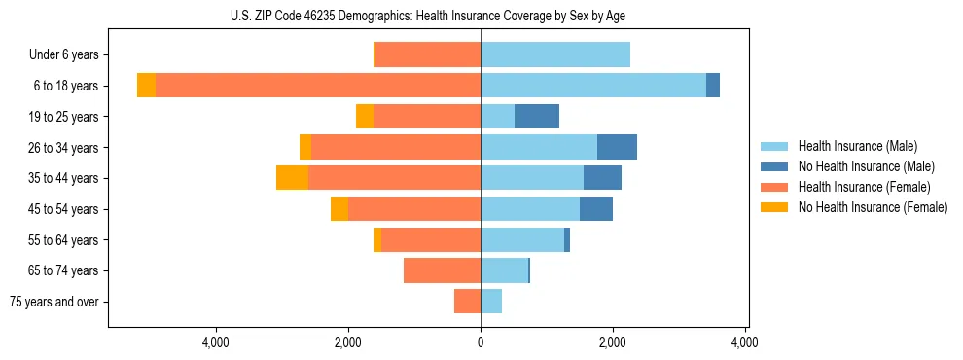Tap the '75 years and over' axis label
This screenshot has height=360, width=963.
coord(54,302)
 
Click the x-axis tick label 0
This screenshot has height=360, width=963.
coord(481,342)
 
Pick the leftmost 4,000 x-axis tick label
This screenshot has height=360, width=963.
coord(215,342)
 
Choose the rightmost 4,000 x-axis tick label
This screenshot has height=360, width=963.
coord(745,342)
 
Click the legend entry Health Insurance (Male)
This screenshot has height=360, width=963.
coord(857,146)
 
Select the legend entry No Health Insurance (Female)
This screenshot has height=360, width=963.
coord(873,207)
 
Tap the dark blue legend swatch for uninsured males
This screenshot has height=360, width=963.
coord(774,166)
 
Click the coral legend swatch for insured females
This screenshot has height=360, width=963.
coord(774,187)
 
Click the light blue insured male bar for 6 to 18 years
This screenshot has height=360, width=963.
coord(593,86)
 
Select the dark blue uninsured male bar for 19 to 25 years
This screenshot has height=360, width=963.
coord(537,117)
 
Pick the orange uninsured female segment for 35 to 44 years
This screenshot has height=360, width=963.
coord(292,178)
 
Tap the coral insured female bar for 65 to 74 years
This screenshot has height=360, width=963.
coord(442,270)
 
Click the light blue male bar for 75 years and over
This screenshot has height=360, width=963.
coord(491,302)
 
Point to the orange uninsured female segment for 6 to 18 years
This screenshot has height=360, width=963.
coord(146,86)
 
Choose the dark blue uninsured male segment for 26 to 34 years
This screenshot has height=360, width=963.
coord(617,147)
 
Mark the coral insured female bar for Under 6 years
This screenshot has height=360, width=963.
coord(428,55)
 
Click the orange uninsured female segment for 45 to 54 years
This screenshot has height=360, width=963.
coord(339,209)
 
